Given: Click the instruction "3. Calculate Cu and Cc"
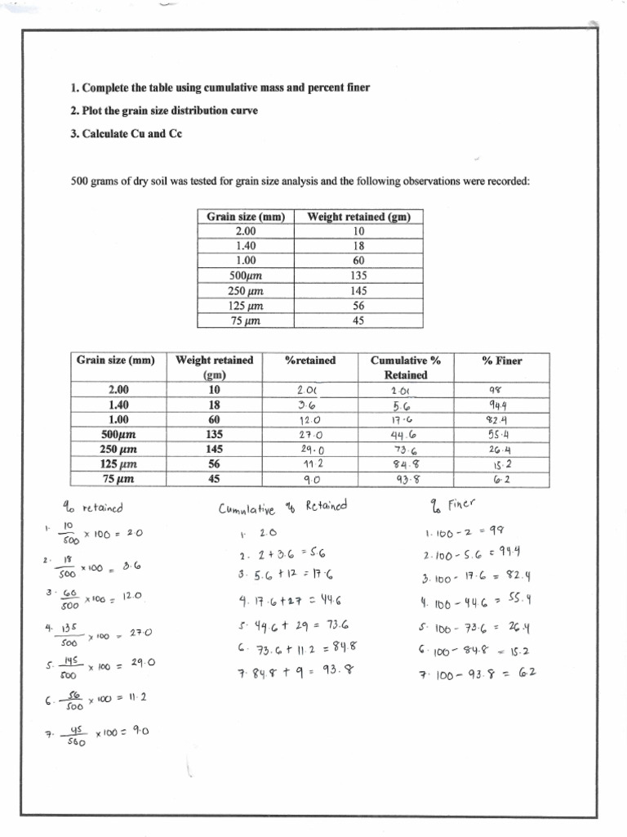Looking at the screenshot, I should (x=125, y=134).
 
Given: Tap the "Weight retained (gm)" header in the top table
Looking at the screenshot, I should (x=358, y=217).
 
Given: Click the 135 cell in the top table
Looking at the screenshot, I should (x=358, y=275).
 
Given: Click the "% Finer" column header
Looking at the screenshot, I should (x=502, y=360).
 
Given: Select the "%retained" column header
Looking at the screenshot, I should (x=309, y=360).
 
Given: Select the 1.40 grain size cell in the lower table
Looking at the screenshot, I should (x=119, y=405).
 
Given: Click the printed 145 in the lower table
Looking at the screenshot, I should (x=213, y=450).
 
